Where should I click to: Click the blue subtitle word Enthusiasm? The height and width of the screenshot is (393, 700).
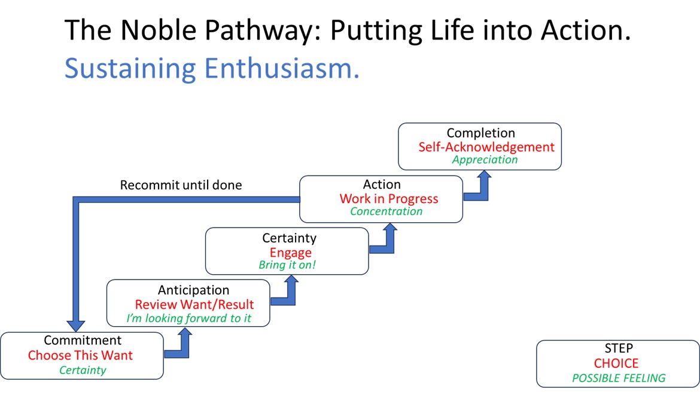pos(282,68)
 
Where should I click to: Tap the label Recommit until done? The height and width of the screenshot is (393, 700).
pos(181,185)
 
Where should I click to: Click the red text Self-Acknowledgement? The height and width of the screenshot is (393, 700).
pos(486,147)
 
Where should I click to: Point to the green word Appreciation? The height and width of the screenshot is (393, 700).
pos(485,160)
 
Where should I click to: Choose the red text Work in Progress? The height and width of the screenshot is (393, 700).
pos(389,199)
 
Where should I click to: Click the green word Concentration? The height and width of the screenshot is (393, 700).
pos(386,211)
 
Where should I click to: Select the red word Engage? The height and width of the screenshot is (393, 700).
pos(290,252)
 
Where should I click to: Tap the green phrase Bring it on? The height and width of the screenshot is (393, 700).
pos(287,265)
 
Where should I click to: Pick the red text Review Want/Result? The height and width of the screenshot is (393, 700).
pos(194,305)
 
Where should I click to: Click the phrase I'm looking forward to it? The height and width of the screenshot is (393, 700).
pos(188,318)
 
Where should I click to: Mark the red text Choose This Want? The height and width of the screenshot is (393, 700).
pos(80,355)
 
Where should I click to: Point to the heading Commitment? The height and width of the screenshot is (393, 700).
pos(83,340)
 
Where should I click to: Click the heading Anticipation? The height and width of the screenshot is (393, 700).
pos(193,290)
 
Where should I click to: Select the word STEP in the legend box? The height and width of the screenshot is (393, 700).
pos(619,348)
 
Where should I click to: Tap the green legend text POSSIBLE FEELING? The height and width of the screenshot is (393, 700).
pos(619,378)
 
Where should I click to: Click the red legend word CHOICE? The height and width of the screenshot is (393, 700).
pos(616,363)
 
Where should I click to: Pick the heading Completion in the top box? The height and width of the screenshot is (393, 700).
pos(480,133)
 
